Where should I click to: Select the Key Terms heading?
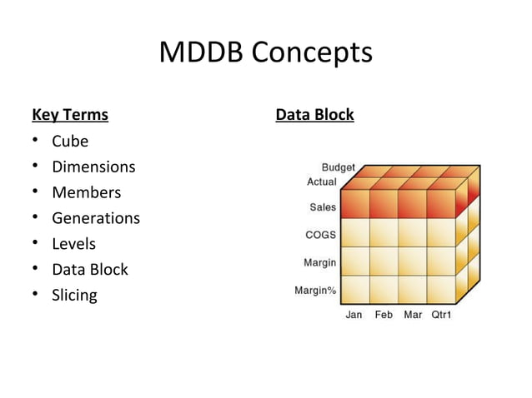pos(70,114)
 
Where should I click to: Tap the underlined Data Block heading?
pos(314,114)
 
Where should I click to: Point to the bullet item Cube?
pos(70,141)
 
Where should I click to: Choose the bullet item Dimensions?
pos(93,167)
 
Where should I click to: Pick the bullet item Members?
pos(86,192)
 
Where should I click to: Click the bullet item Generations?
pos(96,218)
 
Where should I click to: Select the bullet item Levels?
pos(73,244)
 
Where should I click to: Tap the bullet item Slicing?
pos(74,295)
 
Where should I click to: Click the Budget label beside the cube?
pos(339,168)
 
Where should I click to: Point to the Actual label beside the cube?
pos(322,182)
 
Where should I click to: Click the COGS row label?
pos(320,235)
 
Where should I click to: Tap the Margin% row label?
pos(315,291)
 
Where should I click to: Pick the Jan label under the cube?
pos(354,316)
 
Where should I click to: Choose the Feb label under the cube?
pos(384,316)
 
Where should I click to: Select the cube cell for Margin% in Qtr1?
pos(440,289)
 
